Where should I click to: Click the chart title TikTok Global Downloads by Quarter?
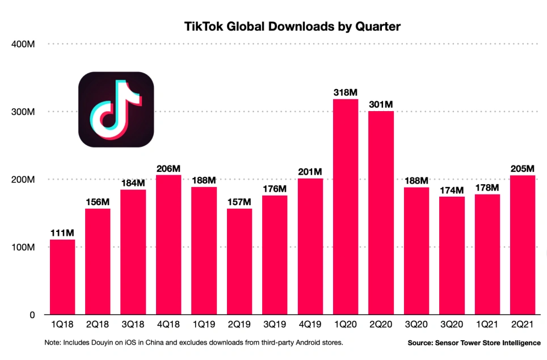pos(292,26)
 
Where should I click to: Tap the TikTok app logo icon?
pos(116,109)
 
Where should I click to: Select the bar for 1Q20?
pos(346,207)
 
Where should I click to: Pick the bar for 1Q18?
pos(62,277)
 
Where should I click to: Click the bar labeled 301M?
pos(381,213)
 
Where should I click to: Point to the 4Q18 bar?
pos(169,244)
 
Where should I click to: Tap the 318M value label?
pos(346,92)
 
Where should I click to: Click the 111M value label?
pos(62,233)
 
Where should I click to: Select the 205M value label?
pos(523,169)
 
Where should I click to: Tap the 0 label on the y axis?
pos(32,315)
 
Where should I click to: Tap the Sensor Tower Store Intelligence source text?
pos(474,344)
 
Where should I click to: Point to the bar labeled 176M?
pos(275,255)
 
